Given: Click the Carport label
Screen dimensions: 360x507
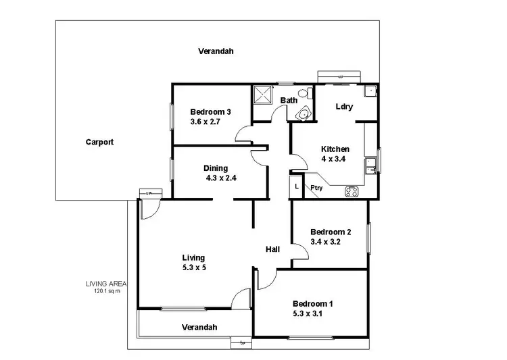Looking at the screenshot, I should [x=99, y=143].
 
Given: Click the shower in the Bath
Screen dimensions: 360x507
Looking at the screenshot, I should [x=262, y=95].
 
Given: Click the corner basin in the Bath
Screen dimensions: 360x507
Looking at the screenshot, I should [x=304, y=114].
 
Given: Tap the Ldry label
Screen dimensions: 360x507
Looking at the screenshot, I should [x=344, y=107].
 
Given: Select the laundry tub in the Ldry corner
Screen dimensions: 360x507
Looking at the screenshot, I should [x=370, y=91].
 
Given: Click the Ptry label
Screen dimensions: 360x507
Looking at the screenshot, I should [x=316, y=188].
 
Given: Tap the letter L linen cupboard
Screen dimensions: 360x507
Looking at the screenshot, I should [x=297, y=186].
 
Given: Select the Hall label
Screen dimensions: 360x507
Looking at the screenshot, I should [x=272, y=249].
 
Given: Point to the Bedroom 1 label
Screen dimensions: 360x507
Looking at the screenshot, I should [x=312, y=304].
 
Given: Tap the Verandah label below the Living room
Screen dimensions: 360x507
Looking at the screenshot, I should [x=199, y=327].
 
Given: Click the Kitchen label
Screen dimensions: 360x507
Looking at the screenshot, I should [x=335, y=149].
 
